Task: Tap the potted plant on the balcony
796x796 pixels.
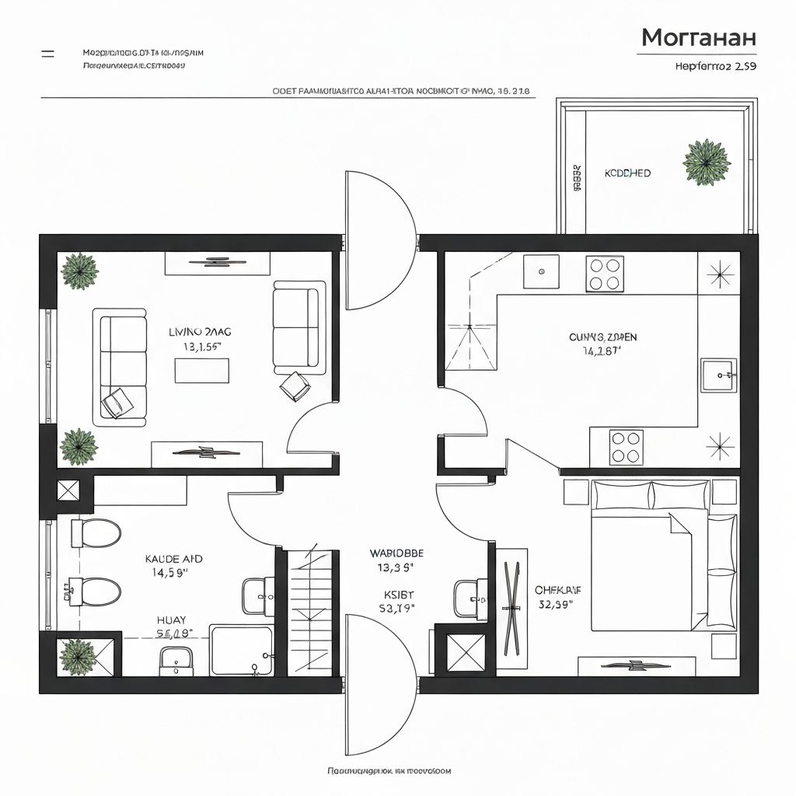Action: (706, 163)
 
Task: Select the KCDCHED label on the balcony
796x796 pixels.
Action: (627, 173)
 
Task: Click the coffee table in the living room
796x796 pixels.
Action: (202, 371)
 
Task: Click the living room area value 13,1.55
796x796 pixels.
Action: (201, 347)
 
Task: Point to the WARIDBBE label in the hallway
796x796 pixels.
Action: (396, 554)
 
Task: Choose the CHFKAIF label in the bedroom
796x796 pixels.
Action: (558, 590)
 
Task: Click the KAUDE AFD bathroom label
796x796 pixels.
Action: (174, 559)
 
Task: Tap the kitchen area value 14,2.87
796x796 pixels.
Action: (602, 351)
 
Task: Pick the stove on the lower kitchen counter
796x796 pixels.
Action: (625, 447)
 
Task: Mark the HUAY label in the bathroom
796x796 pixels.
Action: (171, 620)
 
